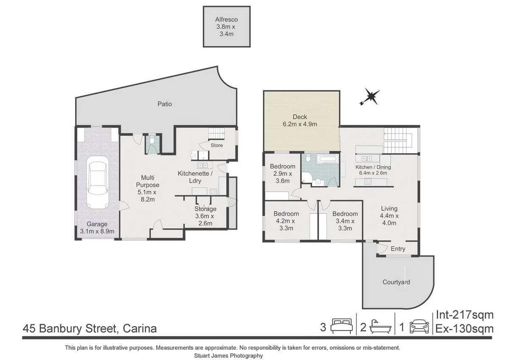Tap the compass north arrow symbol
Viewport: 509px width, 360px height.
(371, 97)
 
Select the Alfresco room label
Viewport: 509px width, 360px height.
(226, 26)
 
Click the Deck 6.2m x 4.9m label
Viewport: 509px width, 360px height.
(300, 121)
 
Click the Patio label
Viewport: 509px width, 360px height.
(165, 104)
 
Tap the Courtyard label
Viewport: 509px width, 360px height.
(396, 282)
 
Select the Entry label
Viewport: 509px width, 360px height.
(397, 249)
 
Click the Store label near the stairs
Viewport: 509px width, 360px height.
(217, 146)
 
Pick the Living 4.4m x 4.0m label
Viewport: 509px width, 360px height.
(389, 216)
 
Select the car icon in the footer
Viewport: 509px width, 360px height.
(420, 327)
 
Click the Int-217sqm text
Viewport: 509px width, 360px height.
(465, 315)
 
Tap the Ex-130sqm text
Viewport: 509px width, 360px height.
(465, 329)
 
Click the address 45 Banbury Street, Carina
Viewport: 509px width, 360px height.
(90, 329)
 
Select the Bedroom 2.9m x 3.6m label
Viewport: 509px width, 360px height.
(282, 173)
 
